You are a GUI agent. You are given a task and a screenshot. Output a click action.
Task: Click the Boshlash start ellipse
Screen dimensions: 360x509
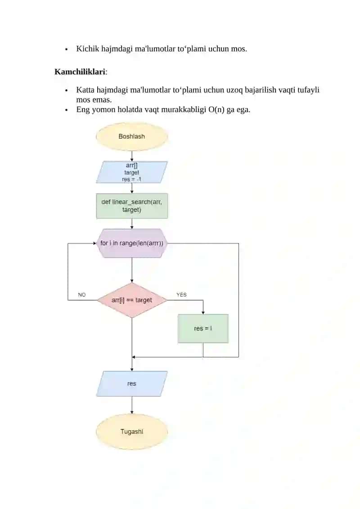tap(132, 137)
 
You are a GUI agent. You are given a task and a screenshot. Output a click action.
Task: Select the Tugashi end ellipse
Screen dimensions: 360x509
tap(132, 432)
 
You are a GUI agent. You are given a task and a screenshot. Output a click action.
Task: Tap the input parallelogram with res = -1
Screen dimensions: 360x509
tap(132, 172)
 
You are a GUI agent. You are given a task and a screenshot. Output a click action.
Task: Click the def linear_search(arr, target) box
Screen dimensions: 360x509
tap(132, 206)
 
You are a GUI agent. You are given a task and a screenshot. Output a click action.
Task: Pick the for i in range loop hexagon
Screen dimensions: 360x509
tap(132, 243)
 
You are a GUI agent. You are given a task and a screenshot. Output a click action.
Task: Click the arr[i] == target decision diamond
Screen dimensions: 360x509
tap(132, 300)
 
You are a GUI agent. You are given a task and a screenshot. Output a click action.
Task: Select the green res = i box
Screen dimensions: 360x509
tap(203, 329)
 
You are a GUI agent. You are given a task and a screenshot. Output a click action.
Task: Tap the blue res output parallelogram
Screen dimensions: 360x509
tap(132, 384)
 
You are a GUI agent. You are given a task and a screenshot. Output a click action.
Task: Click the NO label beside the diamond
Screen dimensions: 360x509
tap(82, 295)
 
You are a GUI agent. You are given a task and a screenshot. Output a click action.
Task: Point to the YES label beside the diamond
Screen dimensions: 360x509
tap(181, 294)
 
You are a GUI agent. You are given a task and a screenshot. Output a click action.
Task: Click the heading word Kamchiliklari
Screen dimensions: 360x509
tap(80, 72)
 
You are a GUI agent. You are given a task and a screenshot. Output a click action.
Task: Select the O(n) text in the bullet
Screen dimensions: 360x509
tap(216, 109)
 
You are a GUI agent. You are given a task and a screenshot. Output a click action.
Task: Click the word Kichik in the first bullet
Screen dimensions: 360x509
tap(88, 49)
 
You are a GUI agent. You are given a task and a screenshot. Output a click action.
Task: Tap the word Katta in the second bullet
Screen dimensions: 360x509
tap(85, 90)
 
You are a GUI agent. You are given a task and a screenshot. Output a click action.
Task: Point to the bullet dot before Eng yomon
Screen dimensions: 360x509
tap(67, 110)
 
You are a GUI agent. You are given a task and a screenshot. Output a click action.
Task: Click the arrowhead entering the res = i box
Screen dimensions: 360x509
tap(203, 313)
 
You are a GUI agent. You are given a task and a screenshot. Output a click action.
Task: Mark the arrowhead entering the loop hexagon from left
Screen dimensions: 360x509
tap(94, 243)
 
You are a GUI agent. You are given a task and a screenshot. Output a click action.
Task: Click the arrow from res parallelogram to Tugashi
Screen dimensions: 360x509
tap(132, 405)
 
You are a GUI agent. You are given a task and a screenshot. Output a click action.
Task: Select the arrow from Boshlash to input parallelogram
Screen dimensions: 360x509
tap(132, 156)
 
